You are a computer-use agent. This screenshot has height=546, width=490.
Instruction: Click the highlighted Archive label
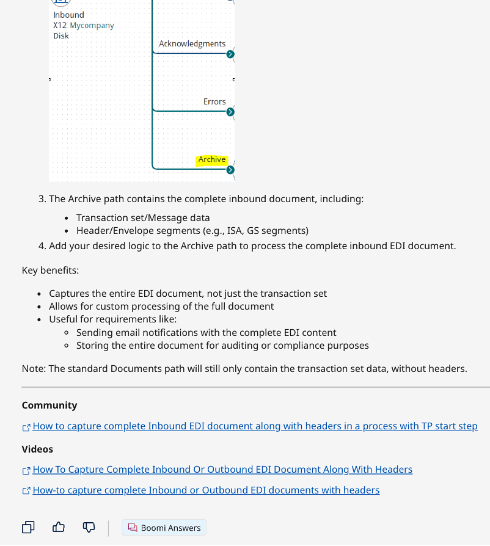212,159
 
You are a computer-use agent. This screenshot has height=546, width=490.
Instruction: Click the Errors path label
214,101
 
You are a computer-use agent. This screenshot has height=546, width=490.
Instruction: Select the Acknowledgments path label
192,43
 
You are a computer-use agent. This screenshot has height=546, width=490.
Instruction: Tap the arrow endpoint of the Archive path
230,170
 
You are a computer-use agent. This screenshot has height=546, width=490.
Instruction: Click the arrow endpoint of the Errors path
230,112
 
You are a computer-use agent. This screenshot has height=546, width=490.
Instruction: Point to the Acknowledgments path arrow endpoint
230,54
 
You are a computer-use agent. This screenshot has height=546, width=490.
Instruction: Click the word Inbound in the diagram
68,15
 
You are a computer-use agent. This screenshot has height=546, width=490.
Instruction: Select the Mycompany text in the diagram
92,25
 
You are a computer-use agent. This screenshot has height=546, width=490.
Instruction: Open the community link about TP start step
255,426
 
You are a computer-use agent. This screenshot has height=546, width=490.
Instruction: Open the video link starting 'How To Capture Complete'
222,470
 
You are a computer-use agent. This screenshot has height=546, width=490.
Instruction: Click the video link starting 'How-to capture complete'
206,490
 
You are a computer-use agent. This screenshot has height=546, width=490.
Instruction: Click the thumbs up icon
59,527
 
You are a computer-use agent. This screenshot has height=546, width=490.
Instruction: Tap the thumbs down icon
89,527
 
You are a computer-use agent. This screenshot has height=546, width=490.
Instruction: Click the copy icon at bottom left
28,527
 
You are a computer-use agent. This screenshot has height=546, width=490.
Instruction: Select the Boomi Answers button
164,528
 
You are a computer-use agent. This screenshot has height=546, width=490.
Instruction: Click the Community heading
49,406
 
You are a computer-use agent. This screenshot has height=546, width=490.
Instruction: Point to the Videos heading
37,449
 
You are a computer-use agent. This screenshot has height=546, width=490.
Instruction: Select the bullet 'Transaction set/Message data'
143,217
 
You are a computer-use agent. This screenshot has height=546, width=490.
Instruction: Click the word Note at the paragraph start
32,368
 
